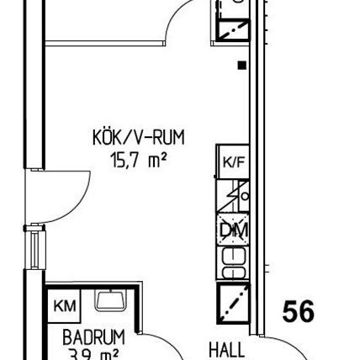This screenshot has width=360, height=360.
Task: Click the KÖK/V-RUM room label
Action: [139, 137]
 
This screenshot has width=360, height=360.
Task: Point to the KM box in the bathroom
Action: [64, 304]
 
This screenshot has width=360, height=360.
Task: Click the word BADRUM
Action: [93, 337]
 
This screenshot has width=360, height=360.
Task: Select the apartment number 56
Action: [298, 312]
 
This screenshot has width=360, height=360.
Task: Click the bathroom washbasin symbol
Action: [109, 299]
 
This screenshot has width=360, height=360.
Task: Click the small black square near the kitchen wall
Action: [241, 65]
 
